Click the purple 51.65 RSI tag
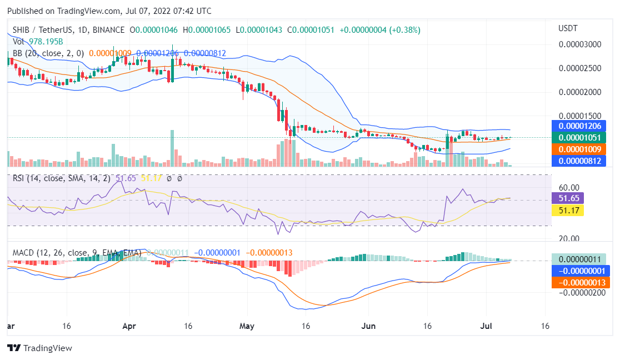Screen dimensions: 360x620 click(x=567, y=198)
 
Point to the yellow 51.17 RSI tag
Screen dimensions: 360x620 click(x=567, y=210)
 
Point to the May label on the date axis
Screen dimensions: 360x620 click(x=246, y=326)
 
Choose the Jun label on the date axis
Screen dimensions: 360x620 click(x=368, y=326)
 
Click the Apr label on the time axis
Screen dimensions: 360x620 click(x=129, y=326)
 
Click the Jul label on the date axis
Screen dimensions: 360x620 click(x=485, y=326)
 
